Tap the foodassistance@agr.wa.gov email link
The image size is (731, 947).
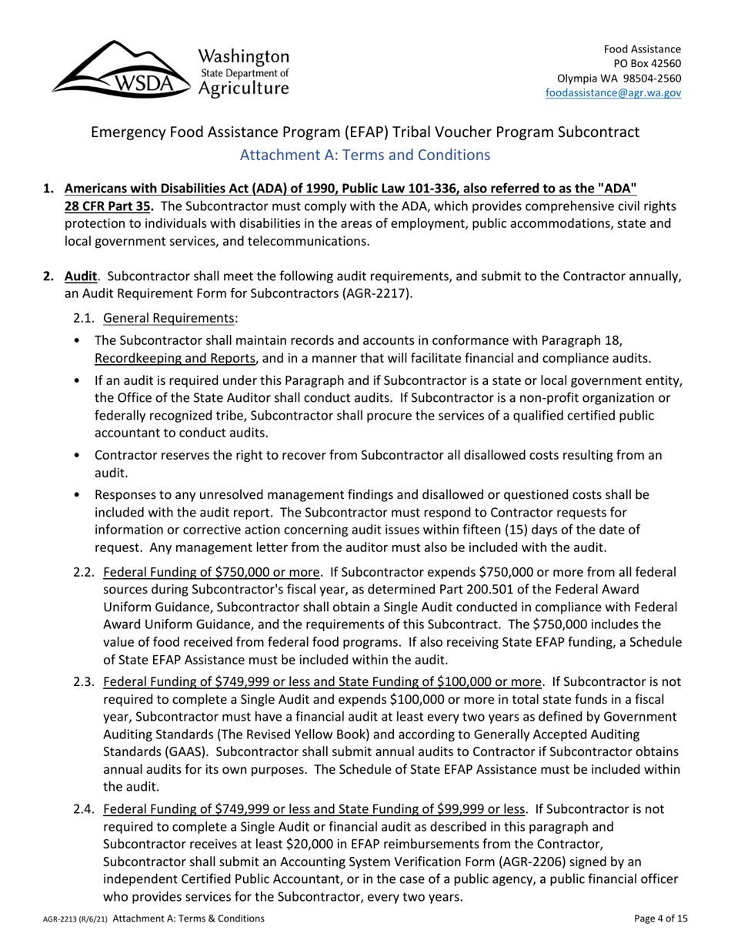tap(613, 92)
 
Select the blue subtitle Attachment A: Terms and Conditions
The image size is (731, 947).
tap(365, 155)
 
